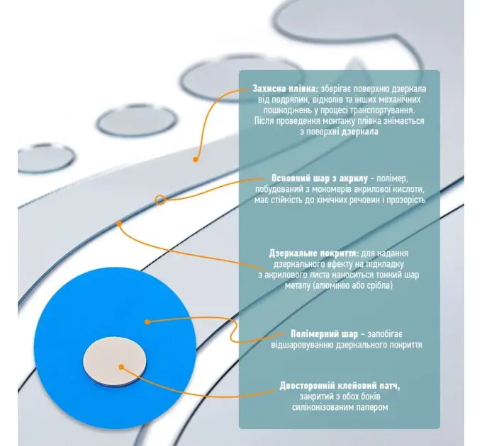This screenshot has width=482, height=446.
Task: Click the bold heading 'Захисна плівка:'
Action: [285, 88]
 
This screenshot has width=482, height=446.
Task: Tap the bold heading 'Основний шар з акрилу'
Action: [320, 178]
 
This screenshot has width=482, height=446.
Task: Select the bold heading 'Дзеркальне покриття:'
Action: [314, 253]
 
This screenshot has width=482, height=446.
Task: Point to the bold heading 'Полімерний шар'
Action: [325, 333]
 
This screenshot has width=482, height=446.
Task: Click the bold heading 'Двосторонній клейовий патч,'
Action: [340, 386]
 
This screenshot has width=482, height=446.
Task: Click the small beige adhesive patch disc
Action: [115, 361]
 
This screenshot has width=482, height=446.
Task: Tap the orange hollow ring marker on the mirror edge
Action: [160, 200]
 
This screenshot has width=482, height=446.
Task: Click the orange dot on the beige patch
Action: [121, 367]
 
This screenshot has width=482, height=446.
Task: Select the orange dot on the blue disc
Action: [147, 322]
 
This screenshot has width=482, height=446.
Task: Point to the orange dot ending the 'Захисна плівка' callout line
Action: [195, 159]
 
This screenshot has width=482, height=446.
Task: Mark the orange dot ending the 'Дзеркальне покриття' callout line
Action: [119, 223]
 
